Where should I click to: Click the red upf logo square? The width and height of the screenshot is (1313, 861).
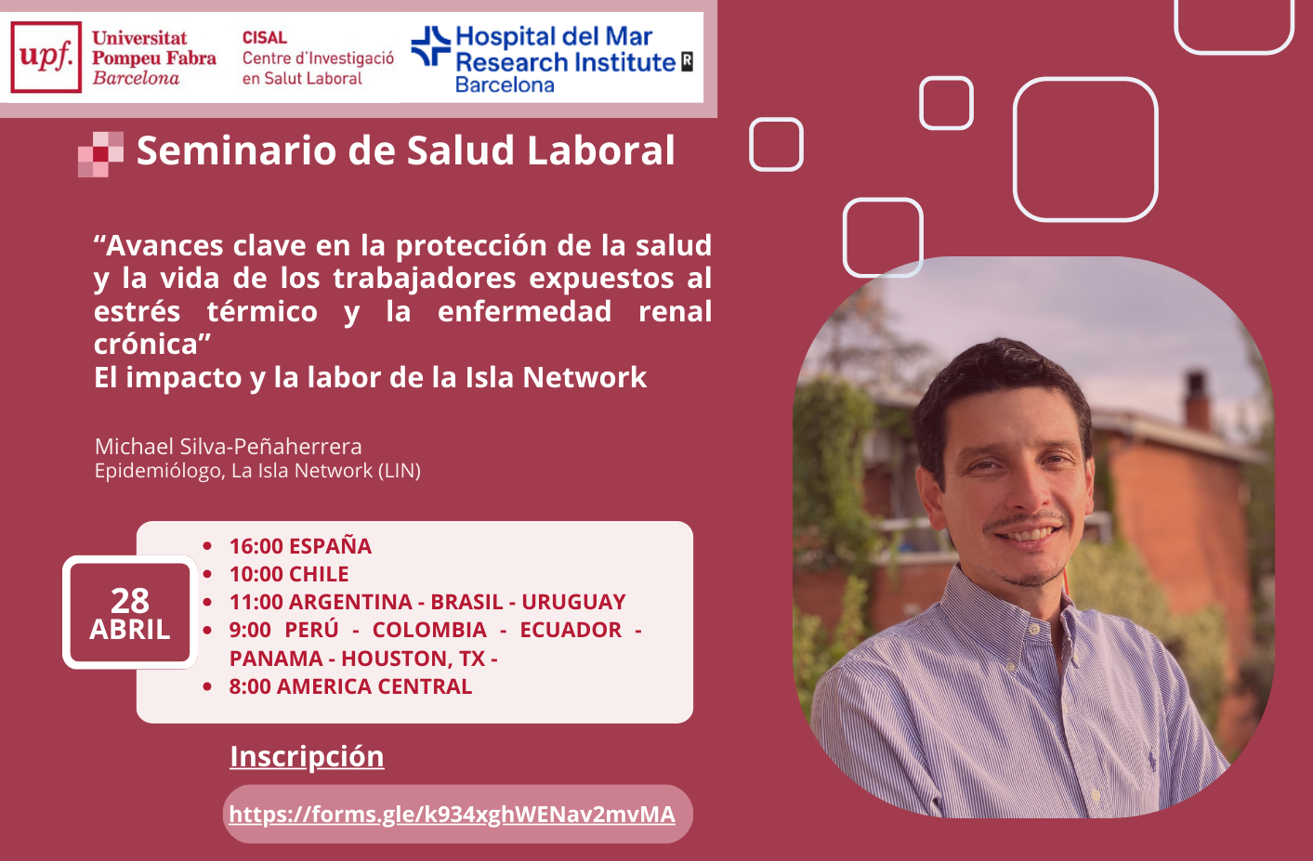click(x=46, y=57)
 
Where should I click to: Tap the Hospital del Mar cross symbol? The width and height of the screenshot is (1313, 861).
click(x=430, y=46)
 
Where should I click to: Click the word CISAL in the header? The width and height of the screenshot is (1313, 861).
click(x=264, y=37)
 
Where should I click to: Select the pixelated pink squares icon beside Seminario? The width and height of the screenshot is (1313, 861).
click(x=100, y=154)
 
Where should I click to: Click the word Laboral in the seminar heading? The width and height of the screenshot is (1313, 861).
click(x=601, y=150)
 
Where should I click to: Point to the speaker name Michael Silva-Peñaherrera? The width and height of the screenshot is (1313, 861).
click(x=228, y=447)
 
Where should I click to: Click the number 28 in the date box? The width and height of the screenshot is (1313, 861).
click(x=130, y=600)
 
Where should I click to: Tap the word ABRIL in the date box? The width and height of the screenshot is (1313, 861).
click(x=129, y=630)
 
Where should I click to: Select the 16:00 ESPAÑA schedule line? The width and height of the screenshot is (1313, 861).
click(x=300, y=546)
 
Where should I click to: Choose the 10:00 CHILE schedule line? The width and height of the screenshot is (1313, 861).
click(x=289, y=574)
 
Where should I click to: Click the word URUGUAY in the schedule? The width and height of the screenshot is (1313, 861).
click(x=573, y=602)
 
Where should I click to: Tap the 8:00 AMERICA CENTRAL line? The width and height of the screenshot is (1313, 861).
click(x=350, y=686)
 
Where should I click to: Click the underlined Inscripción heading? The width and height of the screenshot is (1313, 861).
click(x=307, y=756)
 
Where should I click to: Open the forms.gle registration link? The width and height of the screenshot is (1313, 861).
click(x=452, y=815)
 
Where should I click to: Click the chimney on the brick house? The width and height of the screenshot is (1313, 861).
click(x=1196, y=398)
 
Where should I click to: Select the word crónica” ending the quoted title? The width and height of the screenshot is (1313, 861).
click(x=152, y=345)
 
